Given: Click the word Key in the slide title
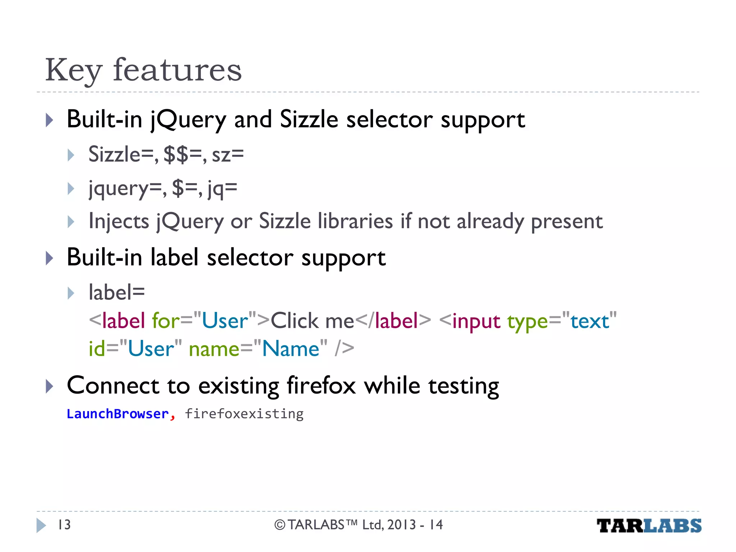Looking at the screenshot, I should [x=74, y=71].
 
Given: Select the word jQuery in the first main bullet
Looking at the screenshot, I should [x=188, y=120].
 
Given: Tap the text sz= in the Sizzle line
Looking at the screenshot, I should [x=227, y=155].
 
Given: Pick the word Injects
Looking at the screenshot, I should [x=119, y=221].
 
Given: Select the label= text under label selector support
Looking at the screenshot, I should [x=117, y=292].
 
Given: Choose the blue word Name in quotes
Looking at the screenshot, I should [x=291, y=349].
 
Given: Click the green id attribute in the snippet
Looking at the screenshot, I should [x=97, y=349].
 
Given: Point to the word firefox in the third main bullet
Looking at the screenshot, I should [x=321, y=386].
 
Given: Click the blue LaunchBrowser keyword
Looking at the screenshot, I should [x=118, y=414].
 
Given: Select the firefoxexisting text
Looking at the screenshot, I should [x=244, y=414].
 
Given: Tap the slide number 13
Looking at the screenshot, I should [x=64, y=525].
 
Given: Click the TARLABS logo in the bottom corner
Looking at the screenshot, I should [x=649, y=526].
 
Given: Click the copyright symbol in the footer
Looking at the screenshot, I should [x=280, y=525].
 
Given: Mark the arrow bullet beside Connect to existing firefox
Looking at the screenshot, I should [x=50, y=386].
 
